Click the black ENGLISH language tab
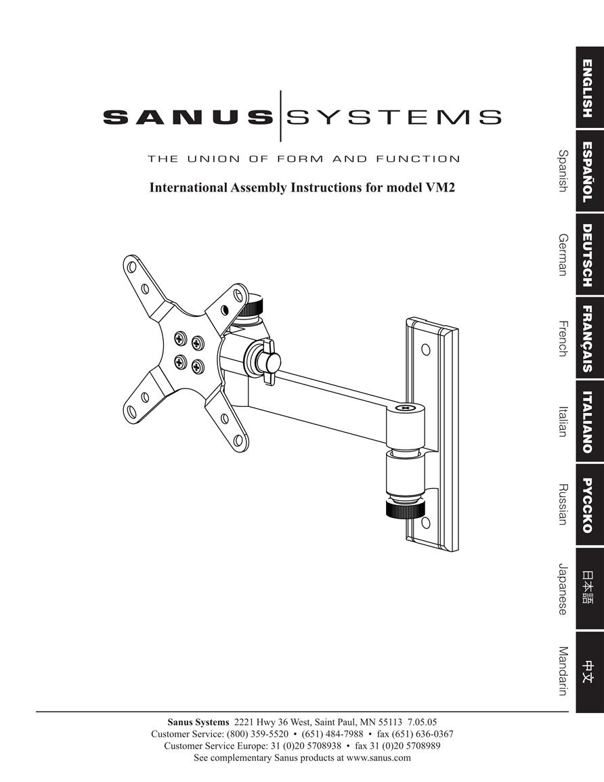(x=590, y=88)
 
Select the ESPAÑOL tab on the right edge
(x=590, y=171)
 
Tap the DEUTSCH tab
(x=590, y=255)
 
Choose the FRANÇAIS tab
(x=590, y=339)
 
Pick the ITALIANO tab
(x=590, y=422)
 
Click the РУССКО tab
(x=590, y=505)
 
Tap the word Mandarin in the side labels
(x=563, y=671)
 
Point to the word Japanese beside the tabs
(x=563, y=589)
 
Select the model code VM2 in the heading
(x=440, y=188)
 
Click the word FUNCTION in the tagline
(x=418, y=159)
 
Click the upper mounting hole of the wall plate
(x=425, y=349)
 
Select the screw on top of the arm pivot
(x=405, y=408)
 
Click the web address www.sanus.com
(x=379, y=758)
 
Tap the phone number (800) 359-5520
(x=257, y=734)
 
